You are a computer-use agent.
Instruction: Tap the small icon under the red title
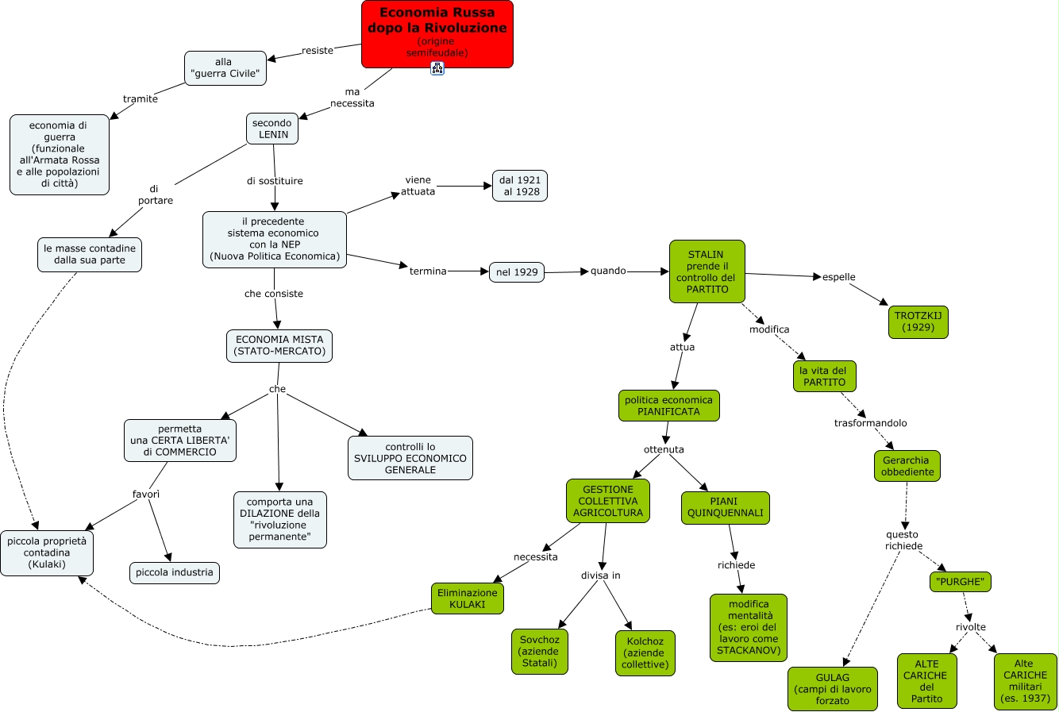coord(437,68)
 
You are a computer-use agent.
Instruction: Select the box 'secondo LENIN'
coord(272,129)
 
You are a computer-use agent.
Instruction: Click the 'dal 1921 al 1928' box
coord(520,186)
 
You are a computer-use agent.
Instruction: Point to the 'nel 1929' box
coord(516,272)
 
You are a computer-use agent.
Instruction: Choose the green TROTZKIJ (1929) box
coord(918,321)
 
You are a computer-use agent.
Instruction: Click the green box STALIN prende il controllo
coord(707,271)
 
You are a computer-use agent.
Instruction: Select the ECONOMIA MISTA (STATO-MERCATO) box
coord(279,345)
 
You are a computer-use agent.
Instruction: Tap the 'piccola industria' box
coord(175,572)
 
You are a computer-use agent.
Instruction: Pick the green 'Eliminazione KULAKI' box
coord(468,598)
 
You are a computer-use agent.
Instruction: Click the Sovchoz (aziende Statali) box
coord(540,651)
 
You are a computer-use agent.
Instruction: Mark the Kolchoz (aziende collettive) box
coord(645,652)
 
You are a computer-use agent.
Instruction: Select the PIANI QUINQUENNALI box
coord(725,507)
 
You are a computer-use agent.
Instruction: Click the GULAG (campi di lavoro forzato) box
coord(833,688)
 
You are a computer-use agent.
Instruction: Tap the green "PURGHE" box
coord(961,582)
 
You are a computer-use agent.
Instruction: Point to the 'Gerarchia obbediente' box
coord(905,466)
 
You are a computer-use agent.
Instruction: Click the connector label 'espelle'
coord(838,277)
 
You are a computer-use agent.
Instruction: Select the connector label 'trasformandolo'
coord(870,423)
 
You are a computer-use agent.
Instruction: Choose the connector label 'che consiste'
coord(274,294)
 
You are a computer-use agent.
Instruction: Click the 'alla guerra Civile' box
coord(225,68)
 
